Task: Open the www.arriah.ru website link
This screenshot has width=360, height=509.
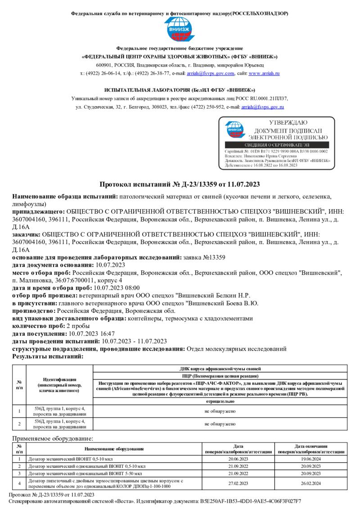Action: (x=264, y=73)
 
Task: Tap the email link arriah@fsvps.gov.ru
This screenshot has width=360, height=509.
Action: (x=263, y=107)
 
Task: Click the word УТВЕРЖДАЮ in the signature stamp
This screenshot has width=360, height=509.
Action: (x=288, y=122)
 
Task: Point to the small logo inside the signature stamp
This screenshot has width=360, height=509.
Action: (x=235, y=130)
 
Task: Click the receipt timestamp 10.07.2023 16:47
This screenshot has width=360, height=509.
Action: (x=90, y=334)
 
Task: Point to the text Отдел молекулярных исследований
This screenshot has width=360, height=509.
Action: (x=236, y=349)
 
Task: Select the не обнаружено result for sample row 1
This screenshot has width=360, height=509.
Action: (x=220, y=411)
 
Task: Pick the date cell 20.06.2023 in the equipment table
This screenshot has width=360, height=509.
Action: (x=238, y=459)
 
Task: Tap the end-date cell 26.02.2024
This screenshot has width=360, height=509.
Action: (x=311, y=483)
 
